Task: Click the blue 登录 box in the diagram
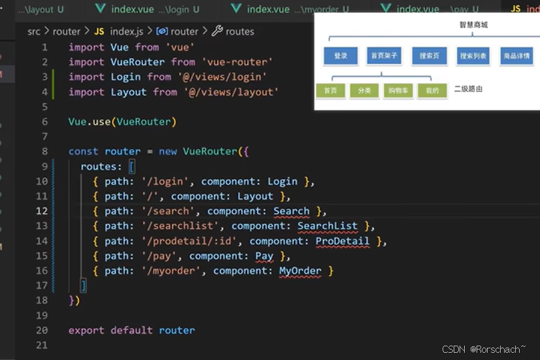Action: click(341, 56)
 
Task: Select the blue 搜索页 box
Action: click(429, 56)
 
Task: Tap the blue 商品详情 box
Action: click(516, 56)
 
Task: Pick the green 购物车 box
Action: click(397, 90)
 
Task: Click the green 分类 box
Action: click(364, 90)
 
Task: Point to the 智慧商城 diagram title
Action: click(474, 25)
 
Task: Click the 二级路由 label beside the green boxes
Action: click(468, 89)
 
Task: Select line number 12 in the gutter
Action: click(42, 211)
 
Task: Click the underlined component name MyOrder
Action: click(300, 270)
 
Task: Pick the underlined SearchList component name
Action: click(328, 226)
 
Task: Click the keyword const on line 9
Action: click(84, 152)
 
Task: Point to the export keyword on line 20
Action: click(86, 331)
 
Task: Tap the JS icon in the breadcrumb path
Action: click(99, 31)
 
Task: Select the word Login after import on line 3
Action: click(126, 77)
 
